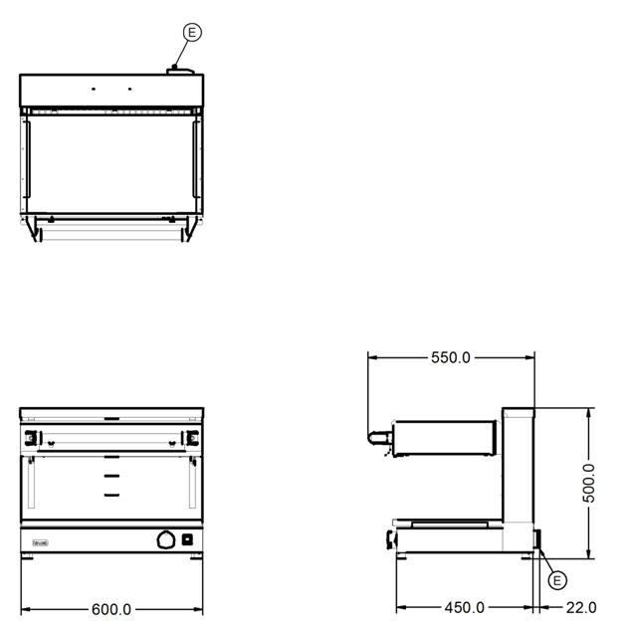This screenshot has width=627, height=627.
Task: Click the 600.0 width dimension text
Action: [111, 609]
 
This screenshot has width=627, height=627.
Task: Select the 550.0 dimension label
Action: [451, 357]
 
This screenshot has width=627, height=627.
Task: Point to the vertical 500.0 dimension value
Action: [588, 483]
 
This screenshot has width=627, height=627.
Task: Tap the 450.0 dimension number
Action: [464, 608]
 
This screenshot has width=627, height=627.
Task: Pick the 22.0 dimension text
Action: [581, 608]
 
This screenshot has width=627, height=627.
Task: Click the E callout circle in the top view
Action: [192, 32]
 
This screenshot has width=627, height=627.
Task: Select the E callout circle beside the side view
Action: [557, 580]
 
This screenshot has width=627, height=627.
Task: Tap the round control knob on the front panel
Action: [166, 539]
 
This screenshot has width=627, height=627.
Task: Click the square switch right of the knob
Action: [187, 539]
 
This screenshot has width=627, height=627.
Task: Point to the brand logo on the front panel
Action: [41, 543]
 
